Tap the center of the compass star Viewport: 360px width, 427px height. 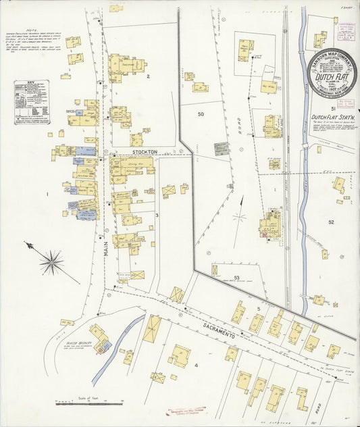(x=51, y=262)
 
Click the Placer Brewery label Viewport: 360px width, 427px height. (x=79, y=343)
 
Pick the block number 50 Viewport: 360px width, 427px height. (x=201, y=114)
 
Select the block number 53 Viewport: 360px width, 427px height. (x=236, y=278)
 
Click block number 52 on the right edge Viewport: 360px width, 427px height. (x=331, y=222)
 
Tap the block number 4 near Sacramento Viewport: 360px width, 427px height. (x=196, y=366)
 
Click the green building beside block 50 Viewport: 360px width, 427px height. (x=221, y=149)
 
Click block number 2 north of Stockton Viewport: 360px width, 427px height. (x=147, y=76)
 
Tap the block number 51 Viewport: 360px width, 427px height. (x=332, y=108)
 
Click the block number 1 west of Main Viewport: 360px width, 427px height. (x=47, y=195)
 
